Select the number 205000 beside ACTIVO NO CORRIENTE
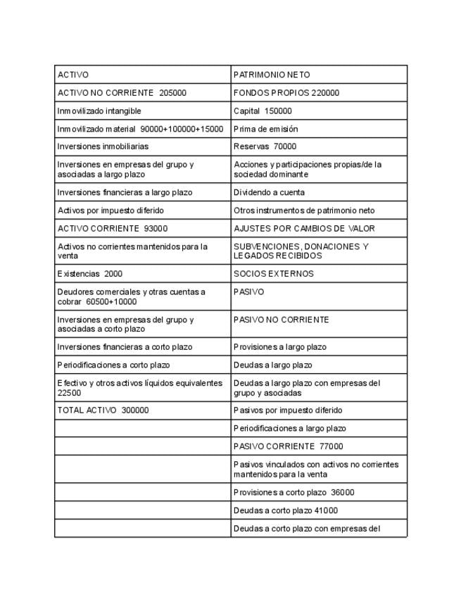pos(172,93)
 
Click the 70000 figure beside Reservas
pos(285,147)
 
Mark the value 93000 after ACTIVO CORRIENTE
pos(156,229)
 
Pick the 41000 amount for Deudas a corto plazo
pos(324,510)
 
